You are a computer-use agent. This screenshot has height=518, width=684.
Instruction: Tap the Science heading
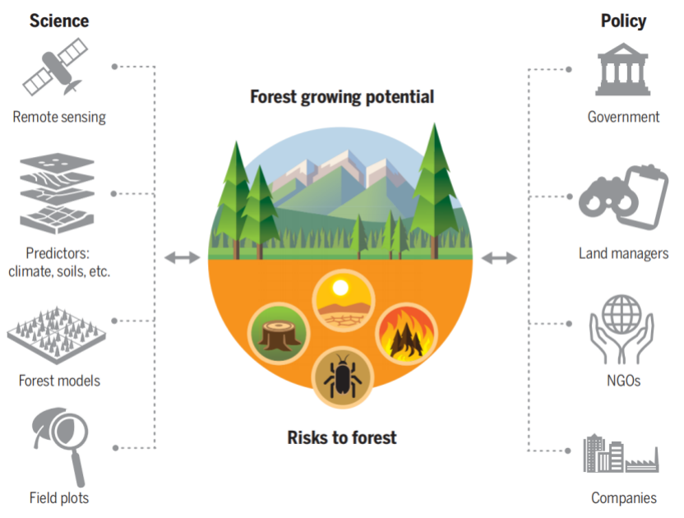[58, 20]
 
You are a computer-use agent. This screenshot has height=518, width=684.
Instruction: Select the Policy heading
[623, 20]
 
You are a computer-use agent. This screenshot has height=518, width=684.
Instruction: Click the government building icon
[623, 71]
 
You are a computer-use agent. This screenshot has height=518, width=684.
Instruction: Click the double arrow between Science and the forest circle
[182, 258]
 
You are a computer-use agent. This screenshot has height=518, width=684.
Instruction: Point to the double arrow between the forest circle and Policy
[498, 258]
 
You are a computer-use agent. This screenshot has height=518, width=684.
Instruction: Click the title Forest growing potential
[342, 97]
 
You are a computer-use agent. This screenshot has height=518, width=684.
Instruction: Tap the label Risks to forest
[342, 437]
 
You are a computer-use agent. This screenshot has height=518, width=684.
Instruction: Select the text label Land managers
[623, 253]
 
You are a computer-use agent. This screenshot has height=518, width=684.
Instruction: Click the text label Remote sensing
[59, 117]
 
